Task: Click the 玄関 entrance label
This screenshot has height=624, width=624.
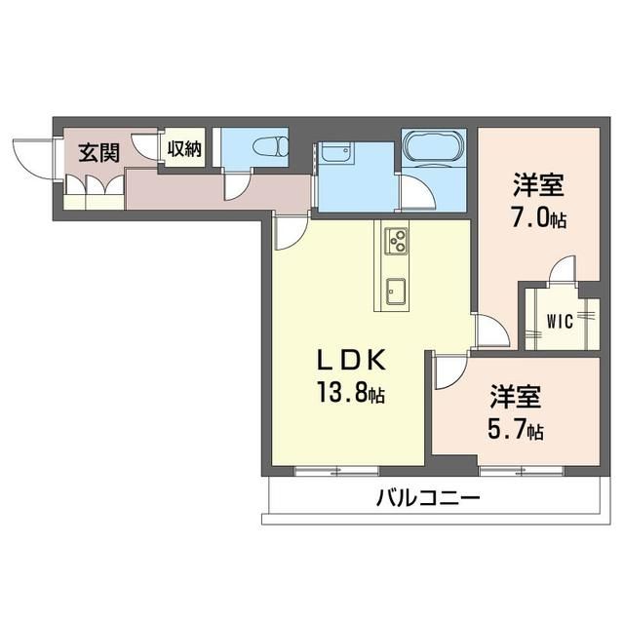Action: [98, 152]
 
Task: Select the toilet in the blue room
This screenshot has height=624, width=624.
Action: [267, 148]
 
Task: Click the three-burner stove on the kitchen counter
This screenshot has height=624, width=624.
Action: [398, 240]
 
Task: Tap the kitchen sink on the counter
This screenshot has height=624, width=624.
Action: [397, 290]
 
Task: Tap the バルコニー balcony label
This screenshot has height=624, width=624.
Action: [429, 499]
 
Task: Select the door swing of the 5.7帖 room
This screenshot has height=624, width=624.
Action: [450, 371]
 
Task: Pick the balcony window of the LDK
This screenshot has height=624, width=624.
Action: [324, 472]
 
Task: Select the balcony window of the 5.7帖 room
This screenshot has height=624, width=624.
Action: [508, 472]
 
